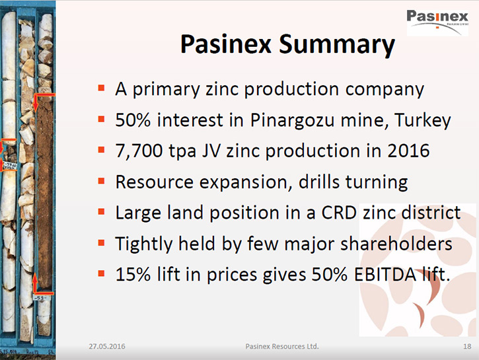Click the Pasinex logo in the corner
[x=437, y=22]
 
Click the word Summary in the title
[x=337, y=45]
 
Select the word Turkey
[x=422, y=120]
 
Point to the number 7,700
[x=139, y=151]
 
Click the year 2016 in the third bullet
[x=408, y=151]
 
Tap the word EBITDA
[x=385, y=274]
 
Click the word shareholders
[x=396, y=244]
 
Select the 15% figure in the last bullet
[x=133, y=274]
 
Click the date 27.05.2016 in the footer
[x=107, y=346]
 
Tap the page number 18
[x=467, y=346]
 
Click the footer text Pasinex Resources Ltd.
[x=282, y=346]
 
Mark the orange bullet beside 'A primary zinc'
[x=101, y=89]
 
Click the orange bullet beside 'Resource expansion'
[x=101, y=181]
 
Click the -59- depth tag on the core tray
[x=40, y=298]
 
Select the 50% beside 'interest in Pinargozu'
[x=133, y=120]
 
